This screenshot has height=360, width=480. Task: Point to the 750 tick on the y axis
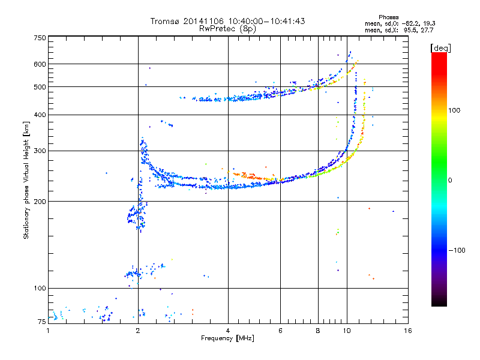(x=40, y=38)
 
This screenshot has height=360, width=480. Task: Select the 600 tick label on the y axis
(x=40, y=64)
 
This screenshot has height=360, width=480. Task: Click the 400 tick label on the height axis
(x=40, y=115)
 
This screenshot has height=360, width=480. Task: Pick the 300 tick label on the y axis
(x=40, y=151)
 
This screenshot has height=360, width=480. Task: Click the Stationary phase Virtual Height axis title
(x=26, y=180)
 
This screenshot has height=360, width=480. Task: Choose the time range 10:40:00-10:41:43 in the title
(x=266, y=21)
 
